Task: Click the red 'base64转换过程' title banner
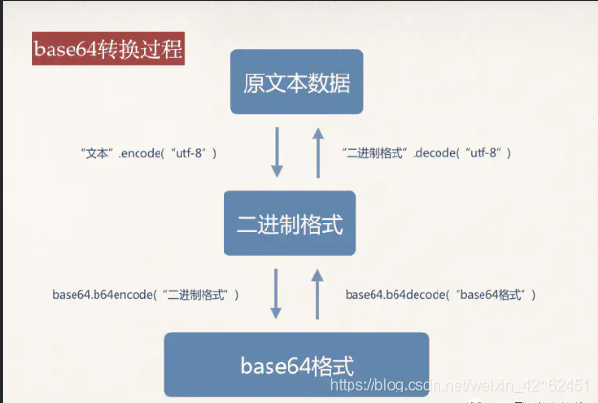[x=107, y=49]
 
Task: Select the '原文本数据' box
[x=296, y=82]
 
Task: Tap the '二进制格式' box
[x=289, y=223]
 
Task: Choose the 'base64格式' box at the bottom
[x=296, y=365]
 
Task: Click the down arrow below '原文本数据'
[x=277, y=154]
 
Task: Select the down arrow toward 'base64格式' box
[x=277, y=294]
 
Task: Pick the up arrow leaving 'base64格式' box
[x=318, y=294]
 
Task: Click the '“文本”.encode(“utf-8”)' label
[x=149, y=153]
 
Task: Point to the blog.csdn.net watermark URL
[x=459, y=384]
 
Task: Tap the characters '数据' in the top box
[x=329, y=82]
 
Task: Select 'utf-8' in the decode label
[x=482, y=153]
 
